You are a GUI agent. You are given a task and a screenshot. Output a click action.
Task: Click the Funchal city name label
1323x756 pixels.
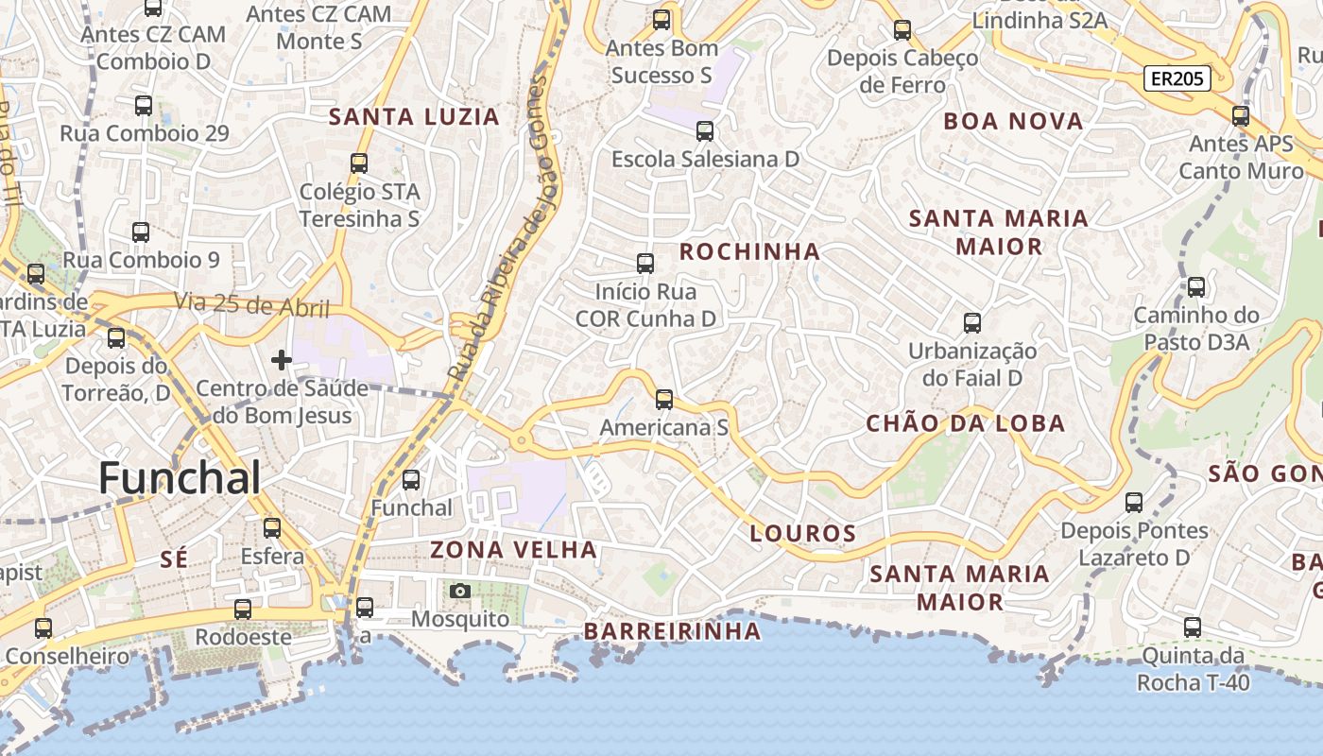tap(180, 478)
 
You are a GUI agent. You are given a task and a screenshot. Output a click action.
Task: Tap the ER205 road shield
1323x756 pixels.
tap(1177, 78)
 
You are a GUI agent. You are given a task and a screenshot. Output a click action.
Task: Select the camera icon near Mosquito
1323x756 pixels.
tap(460, 592)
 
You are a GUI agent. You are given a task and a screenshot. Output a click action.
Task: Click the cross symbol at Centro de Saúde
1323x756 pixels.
tap(281, 360)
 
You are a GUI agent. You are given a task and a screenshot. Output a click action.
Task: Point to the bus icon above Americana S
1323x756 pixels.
tap(664, 399)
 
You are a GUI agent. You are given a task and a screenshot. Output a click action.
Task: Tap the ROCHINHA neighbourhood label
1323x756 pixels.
tap(749, 251)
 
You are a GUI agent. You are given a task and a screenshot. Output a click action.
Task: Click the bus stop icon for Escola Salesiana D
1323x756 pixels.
tap(705, 131)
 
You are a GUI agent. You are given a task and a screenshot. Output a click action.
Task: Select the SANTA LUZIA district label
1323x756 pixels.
tap(413, 117)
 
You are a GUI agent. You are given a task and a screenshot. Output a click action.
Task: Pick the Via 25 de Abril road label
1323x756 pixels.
tap(251, 305)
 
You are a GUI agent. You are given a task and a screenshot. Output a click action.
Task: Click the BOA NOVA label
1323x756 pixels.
tap(1013, 121)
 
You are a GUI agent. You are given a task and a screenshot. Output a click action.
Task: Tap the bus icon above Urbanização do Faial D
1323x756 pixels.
tap(972, 323)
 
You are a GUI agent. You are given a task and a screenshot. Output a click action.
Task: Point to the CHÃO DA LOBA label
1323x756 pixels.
tap(966, 423)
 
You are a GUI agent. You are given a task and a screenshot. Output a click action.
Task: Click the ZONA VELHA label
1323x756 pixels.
tap(514, 549)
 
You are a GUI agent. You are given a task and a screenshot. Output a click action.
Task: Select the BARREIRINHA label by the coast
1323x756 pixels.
tap(672, 630)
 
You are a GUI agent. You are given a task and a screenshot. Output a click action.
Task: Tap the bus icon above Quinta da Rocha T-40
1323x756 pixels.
tap(1193, 627)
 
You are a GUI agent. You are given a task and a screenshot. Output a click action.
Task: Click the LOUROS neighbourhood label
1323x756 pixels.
tap(802, 533)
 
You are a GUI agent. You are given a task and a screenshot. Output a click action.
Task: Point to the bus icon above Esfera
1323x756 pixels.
tap(272, 527)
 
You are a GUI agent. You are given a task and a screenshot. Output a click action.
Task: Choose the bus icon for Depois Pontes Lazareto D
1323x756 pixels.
tap(1134, 503)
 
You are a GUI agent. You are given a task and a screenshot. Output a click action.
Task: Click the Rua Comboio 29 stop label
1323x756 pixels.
tap(144, 133)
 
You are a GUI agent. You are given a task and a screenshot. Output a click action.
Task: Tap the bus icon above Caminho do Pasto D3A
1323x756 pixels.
tap(1196, 287)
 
